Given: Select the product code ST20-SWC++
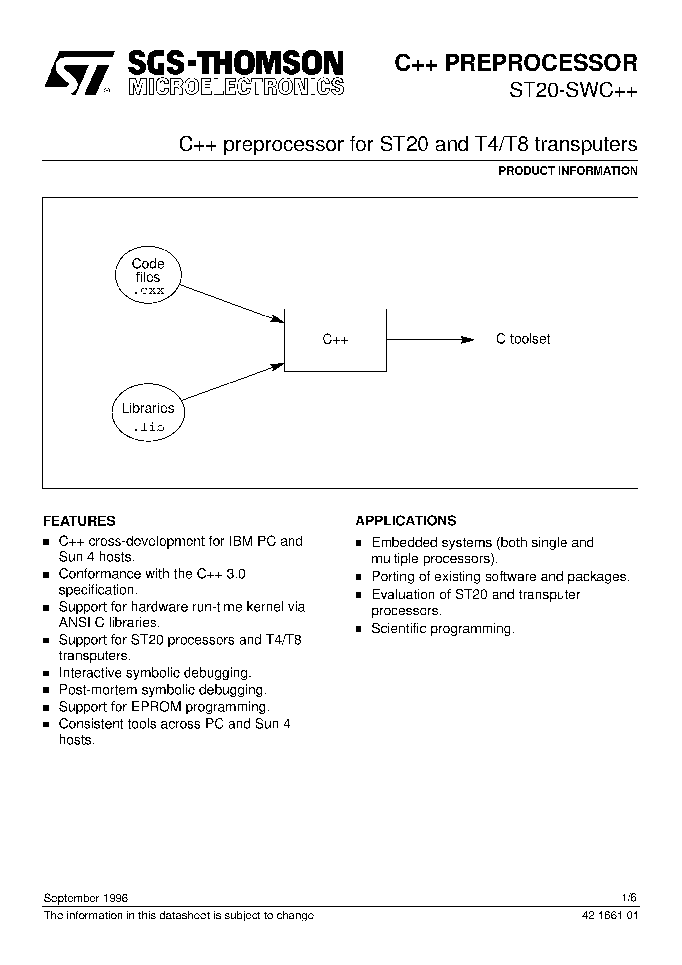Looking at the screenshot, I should pos(573,90).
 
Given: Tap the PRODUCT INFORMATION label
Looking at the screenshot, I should pos(568,171).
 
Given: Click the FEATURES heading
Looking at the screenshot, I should pos(79,521).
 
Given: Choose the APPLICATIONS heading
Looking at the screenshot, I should pos(406,521).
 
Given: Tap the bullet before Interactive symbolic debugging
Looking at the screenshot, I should pos(46,674).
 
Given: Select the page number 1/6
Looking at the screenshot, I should pos(630,898).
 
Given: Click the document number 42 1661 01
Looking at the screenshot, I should pos(610,915).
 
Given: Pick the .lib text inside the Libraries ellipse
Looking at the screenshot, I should pos(149,427).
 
